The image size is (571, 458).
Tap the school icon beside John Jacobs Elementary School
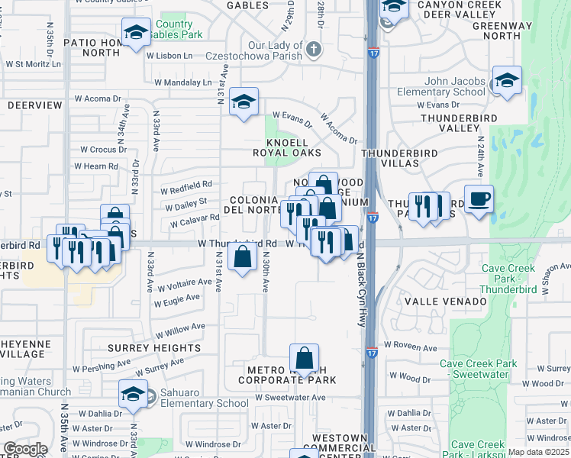coord(507,81)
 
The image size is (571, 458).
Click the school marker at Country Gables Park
coord(136,33)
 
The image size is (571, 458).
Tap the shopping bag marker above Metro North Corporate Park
coord(304,358)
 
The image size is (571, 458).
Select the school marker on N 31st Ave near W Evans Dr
coord(244,102)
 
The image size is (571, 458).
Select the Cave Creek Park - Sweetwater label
coord(483,369)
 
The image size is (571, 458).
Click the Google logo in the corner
coord(25,449)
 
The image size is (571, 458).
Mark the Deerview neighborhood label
coord(34,105)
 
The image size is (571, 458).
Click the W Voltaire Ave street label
coord(183,282)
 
